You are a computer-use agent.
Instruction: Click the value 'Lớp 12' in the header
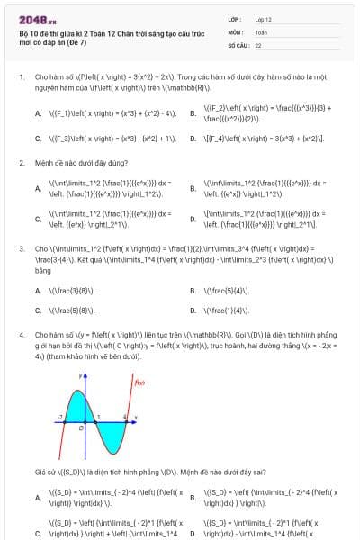(263, 19)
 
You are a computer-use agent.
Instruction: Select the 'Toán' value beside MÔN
(261, 31)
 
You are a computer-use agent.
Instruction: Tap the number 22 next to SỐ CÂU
(258, 44)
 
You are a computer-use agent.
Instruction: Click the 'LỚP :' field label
(235, 19)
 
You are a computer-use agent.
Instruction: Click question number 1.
(21, 78)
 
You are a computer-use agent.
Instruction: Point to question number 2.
(21, 163)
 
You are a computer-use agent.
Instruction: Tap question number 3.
(21, 247)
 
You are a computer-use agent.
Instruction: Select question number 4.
(21, 334)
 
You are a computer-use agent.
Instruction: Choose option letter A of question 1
(38, 114)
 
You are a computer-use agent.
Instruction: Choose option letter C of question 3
(38, 310)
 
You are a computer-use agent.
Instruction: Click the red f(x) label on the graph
(139, 383)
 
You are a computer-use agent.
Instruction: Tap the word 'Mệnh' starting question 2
(41, 163)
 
